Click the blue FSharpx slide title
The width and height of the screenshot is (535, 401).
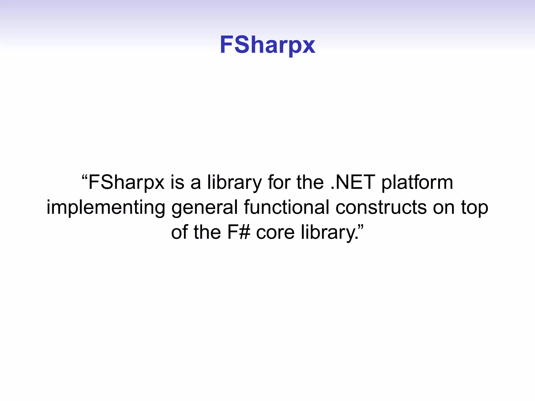click(x=267, y=45)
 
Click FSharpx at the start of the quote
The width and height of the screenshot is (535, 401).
click(x=126, y=183)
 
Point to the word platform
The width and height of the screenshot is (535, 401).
click(x=417, y=183)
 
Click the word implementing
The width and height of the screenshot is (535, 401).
click(x=106, y=208)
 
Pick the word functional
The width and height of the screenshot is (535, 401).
click(x=286, y=207)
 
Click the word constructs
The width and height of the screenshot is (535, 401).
click(x=381, y=207)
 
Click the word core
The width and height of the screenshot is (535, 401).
click(x=275, y=232)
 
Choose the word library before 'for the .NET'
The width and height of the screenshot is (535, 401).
click(x=234, y=183)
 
